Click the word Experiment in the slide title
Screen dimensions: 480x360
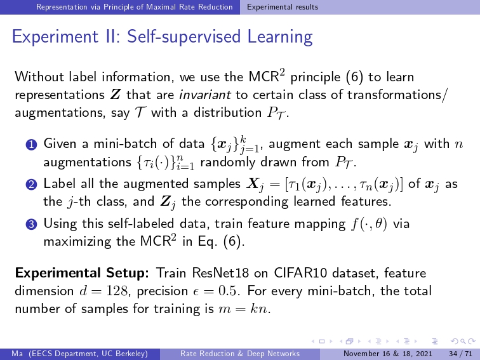tap(54, 37)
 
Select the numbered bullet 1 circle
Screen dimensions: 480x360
tap(32, 145)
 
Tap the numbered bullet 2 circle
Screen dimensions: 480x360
tap(32, 185)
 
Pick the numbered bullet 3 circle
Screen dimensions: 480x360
tap(32, 224)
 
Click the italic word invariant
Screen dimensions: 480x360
tap(205, 95)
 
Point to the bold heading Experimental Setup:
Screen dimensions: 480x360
tap(82, 274)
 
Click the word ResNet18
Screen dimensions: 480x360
tap(220, 273)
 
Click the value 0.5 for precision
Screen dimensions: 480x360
tap(227, 291)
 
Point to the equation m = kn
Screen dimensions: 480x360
tap(243, 309)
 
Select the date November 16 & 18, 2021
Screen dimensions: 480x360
tap(387, 354)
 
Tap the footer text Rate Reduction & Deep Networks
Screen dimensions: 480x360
tap(240, 354)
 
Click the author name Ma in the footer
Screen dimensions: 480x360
tap(17, 354)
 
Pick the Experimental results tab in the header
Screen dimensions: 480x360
tap(283, 7)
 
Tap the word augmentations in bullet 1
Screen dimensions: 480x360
tap(87, 163)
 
